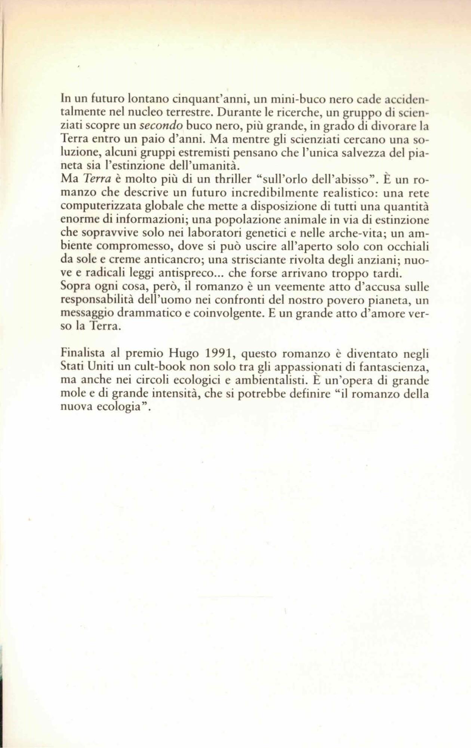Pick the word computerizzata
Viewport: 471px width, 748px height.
pyautogui.click(x=96, y=207)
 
